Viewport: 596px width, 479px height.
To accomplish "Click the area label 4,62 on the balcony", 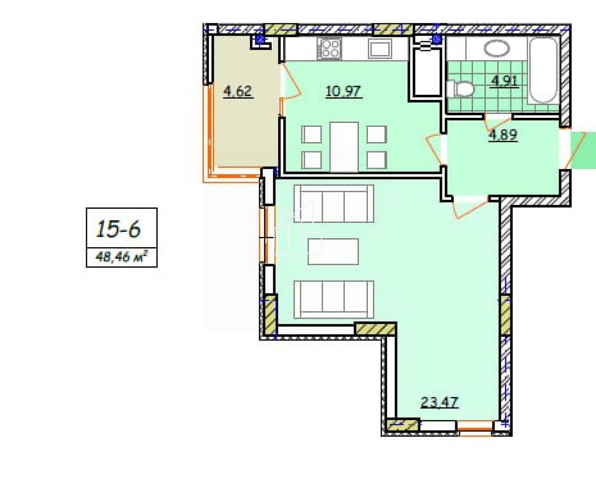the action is (x=238, y=92).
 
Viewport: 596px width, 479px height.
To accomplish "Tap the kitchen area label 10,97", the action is (x=344, y=91).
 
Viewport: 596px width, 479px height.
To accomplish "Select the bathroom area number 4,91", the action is (x=504, y=81).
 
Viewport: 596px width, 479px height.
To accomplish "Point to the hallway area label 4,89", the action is (x=503, y=135).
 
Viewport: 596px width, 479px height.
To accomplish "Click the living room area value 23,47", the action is (x=439, y=402).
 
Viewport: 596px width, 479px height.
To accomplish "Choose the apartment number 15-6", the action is (x=118, y=229).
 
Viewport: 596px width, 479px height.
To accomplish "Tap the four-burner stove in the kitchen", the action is (x=330, y=48).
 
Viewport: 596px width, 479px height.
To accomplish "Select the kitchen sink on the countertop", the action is (x=380, y=48).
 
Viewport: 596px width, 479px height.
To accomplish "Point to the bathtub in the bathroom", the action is (x=543, y=71).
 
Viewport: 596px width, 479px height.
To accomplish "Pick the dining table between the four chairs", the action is (x=344, y=147).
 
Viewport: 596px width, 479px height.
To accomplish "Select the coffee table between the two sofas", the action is (x=333, y=251).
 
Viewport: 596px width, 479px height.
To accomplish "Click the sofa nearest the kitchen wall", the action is (x=334, y=204).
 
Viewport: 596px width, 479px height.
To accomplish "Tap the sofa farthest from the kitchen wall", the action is (x=334, y=299).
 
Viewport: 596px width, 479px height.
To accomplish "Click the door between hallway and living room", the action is (x=470, y=207).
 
